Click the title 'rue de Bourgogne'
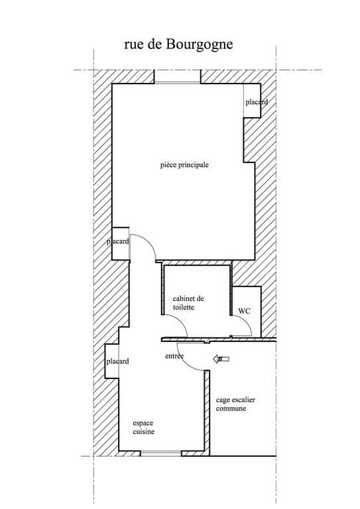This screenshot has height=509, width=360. tap(178, 44)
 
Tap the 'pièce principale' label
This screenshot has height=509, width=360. tap(184, 165)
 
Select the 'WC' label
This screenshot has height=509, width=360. tap(245, 311)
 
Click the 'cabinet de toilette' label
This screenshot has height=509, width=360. tap(188, 302)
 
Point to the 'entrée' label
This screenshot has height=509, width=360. tap(174, 356)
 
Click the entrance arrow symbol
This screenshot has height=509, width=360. tap(221, 359)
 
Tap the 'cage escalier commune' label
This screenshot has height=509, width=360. tap(235, 404)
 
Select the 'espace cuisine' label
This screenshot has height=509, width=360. tap(143, 427)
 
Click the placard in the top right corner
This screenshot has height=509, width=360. tap(252, 101)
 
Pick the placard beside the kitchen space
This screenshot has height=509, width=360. tap(112, 361)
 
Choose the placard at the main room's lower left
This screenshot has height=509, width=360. tap(121, 243)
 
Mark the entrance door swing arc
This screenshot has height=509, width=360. tap(187, 361)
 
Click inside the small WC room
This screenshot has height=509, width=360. tap(247, 311)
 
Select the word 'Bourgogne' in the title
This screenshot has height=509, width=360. tap(200, 45)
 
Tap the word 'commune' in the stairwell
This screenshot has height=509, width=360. tap(231, 408)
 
